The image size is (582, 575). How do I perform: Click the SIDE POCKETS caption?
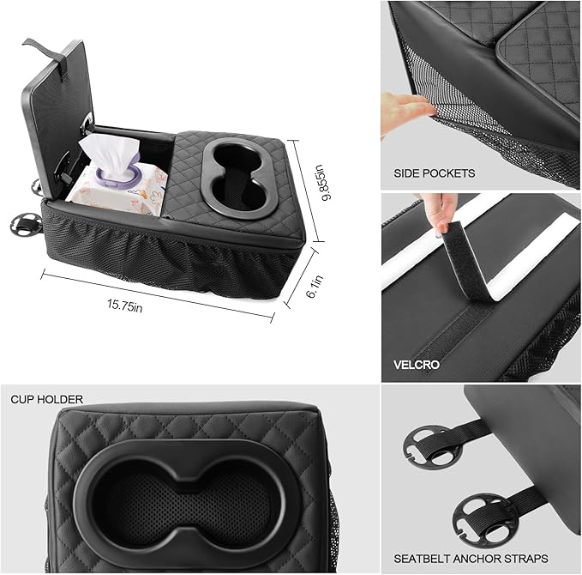pos(434,172)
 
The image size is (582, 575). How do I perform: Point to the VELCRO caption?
pos(417,365)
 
